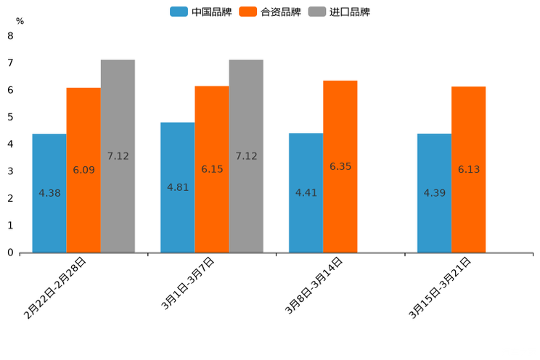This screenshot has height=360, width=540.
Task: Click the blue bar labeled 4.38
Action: coord(49,193)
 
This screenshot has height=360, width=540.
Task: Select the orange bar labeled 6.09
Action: coord(83,170)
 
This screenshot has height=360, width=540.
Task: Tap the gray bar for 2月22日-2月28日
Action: coord(118,156)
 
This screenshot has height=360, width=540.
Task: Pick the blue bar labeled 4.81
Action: coord(178,187)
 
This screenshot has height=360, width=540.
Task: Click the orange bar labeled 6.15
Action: coord(212,169)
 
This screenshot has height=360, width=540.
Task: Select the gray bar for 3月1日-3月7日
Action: coord(246,156)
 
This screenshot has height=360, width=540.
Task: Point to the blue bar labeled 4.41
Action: coord(306,192)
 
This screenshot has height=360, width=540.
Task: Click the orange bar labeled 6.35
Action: coord(340,166)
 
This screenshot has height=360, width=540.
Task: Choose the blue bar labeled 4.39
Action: coord(434,193)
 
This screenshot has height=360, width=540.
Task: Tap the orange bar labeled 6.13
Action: coord(469,169)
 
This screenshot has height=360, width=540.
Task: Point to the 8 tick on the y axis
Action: coord(10,36)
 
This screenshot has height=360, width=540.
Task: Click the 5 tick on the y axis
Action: coord(10,117)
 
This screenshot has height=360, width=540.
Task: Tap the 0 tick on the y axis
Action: coord(10,253)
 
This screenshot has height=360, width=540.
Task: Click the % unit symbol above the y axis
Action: coord(20,22)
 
